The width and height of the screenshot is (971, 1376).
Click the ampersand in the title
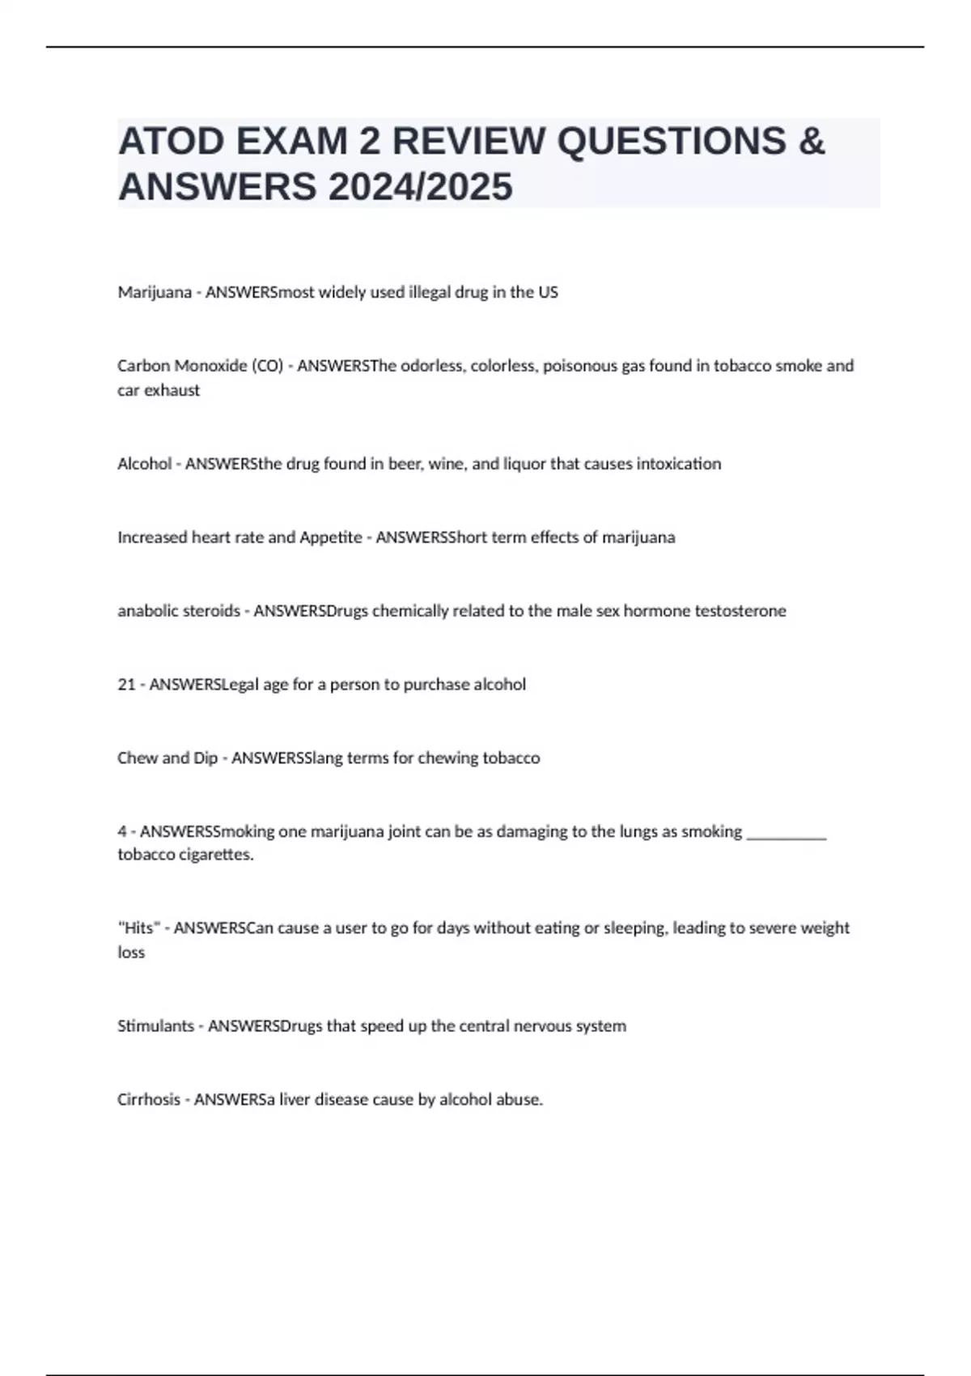(811, 141)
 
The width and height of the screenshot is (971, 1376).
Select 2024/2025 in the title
(420, 187)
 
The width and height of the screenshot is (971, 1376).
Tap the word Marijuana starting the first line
(155, 292)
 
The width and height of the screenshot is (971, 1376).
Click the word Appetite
(331, 537)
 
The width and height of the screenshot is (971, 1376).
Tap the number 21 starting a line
(126, 685)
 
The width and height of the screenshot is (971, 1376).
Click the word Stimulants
(155, 1026)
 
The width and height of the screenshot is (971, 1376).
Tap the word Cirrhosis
(149, 1100)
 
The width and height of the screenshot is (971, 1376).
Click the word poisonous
(579, 366)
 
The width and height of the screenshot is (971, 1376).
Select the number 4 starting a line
(121, 832)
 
